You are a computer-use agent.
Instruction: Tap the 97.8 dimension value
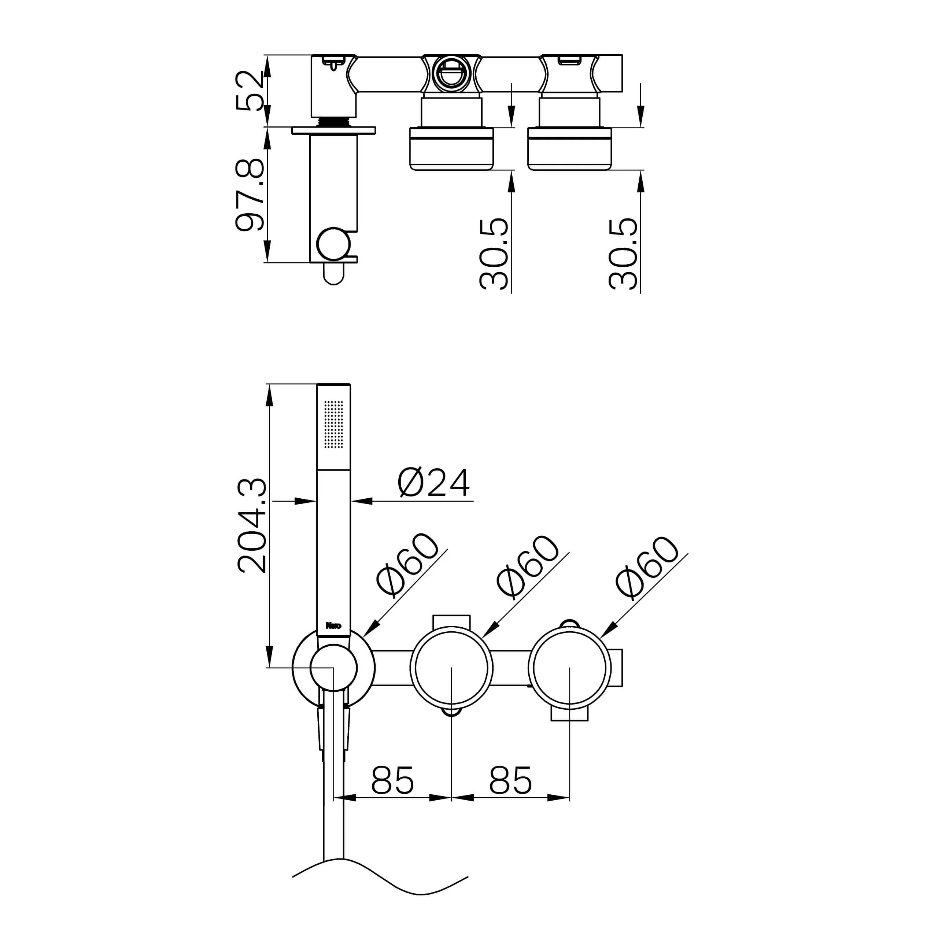tap(249, 195)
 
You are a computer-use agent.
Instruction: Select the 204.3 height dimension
tap(252, 525)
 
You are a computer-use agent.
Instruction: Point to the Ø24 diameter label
tap(433, 483)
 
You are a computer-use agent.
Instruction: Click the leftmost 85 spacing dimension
tap(392, 780)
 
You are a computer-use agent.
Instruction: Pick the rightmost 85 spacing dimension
tap(510, 780)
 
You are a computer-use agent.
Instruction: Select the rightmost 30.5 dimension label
tap(623, 254)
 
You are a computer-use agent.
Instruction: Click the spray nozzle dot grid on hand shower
tap(333, 424)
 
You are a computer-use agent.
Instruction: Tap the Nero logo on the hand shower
tap(333, 625)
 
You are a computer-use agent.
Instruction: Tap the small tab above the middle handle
tap(451, 621)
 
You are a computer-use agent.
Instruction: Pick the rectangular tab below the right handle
tap(569, 714)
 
